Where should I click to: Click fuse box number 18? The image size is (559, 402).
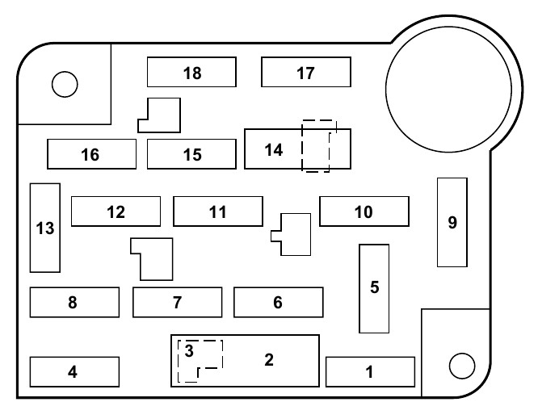click(x=191, y=73)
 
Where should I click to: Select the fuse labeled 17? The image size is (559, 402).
click(x=305, y=73)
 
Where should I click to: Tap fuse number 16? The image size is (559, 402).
click(x=90, y=154)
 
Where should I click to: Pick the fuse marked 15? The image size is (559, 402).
click(x=191, y=154)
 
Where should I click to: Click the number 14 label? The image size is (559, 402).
click(x=274, y=149)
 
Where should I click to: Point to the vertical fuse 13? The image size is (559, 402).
click(x=45, y=228)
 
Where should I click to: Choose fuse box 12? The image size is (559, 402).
click(x=116, y=211)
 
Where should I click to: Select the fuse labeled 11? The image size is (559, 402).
click(x=217, y=211)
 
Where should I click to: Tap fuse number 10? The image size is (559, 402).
click(x=364, y=211)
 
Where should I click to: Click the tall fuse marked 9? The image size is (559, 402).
click(x=452, y=222)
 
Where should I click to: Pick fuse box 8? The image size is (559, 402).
click(x=74, y=303)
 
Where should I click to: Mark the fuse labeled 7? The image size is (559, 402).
click(x=177, y=303)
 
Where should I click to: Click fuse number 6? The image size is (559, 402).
click(x=278, y=303)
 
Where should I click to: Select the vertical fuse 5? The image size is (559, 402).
click(x=374, y=288)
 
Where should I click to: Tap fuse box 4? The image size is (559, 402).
click(x=74, y=372)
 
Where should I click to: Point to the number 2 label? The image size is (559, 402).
click(x=269, y=359)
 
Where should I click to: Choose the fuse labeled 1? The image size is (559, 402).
click(x=370, y=372)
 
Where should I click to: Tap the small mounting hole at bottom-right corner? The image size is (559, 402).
click(x=461, y=365)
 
